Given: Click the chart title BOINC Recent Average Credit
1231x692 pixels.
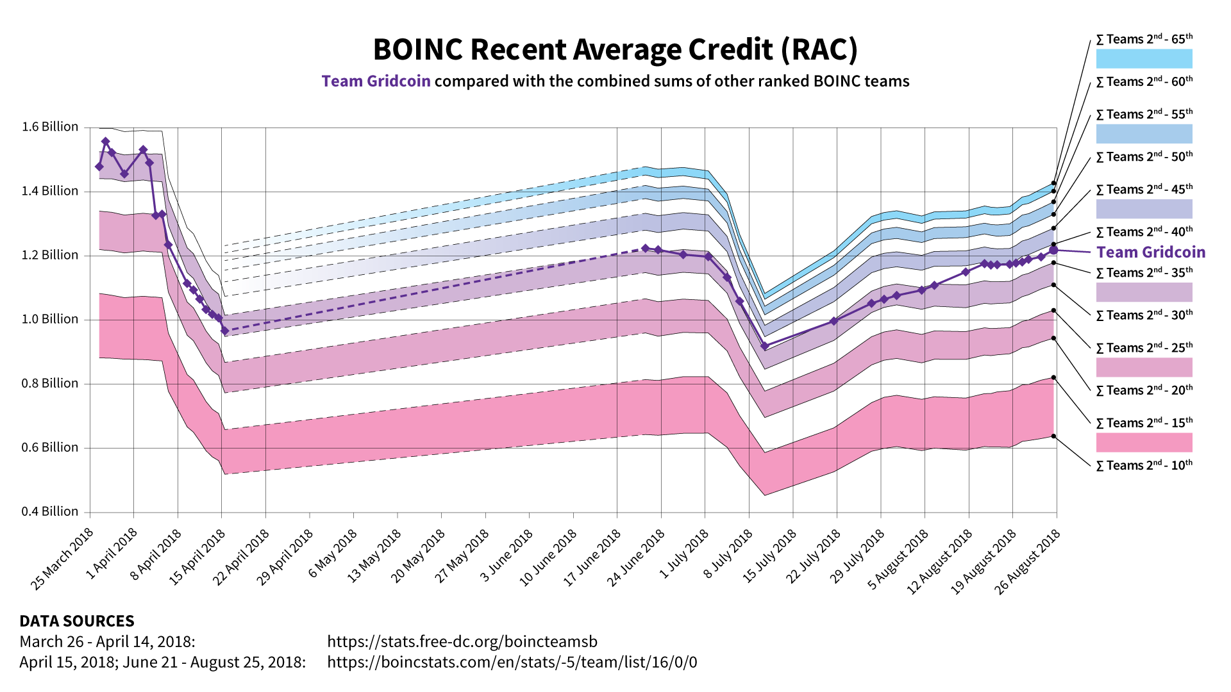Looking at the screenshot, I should click(x=615, y=49).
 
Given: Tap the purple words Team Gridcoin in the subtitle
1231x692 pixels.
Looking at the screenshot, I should click(x=376, y=81).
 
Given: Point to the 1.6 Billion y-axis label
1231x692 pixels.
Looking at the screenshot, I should click(x=50, y=127).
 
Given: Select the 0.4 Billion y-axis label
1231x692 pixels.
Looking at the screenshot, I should click(x=50, y=511).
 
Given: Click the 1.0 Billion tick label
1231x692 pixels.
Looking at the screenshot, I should click(x=50, y=319).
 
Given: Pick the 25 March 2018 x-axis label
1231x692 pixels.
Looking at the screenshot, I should click(x=63, y=559).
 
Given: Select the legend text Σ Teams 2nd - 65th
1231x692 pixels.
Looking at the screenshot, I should click(x=1144, y=40).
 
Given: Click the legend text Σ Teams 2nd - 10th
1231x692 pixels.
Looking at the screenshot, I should click(x=1144, y=465).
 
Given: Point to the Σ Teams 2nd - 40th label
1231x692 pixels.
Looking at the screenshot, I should click(x=1144, y=232).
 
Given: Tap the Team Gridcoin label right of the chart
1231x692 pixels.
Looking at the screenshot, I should click(x=1151, y=252).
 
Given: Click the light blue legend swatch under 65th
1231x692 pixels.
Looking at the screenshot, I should click(x=1144, y=59).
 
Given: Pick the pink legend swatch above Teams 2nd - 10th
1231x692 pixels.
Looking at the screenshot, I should click(x=1144, y=442).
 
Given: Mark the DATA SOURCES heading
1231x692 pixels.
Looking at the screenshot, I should click(x=77, y=621).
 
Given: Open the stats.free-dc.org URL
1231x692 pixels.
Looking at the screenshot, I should click(x=462, y=641).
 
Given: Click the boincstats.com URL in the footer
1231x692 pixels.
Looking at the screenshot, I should click(x=512, y=662).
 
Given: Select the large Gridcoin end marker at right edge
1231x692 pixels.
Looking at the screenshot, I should click(x=1053, y=250).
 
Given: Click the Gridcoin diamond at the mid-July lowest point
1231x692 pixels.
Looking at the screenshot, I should click(x=764, y=346).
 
